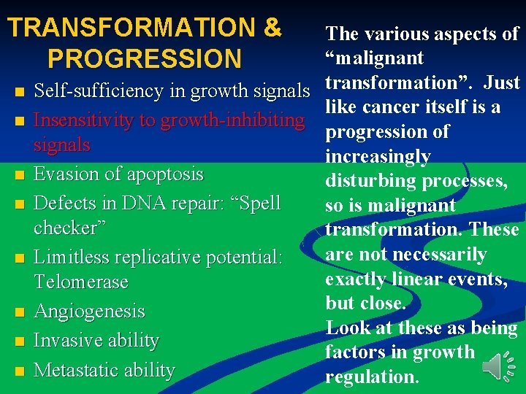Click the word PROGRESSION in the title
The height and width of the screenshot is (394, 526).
pos(143,58)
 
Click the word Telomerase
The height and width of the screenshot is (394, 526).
pos(80,282)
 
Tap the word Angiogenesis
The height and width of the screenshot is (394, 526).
pos(89,312)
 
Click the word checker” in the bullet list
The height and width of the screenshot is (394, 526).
pos(70,228)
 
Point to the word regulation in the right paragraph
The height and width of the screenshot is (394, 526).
pos(370,377)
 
